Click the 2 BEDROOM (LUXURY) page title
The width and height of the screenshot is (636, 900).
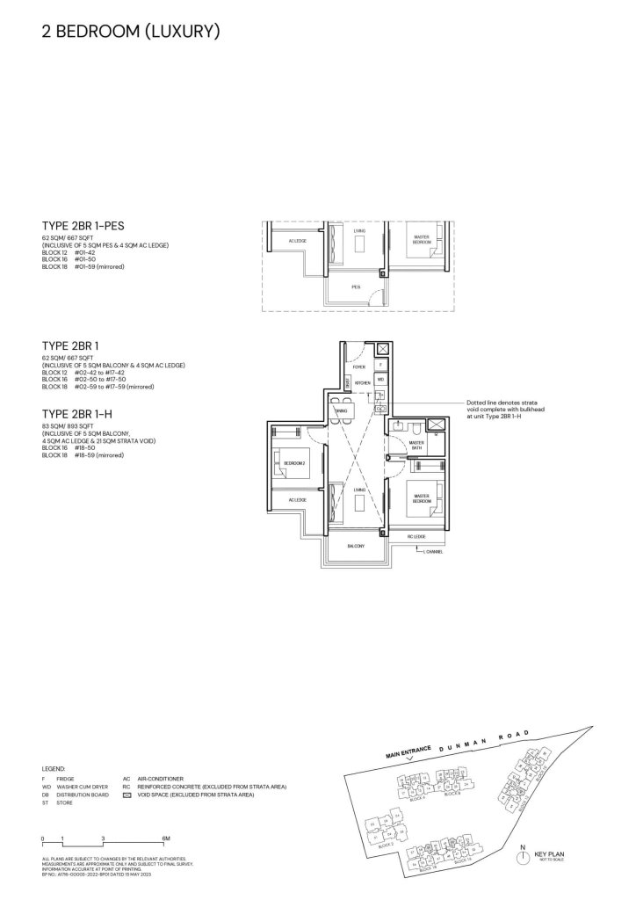130,32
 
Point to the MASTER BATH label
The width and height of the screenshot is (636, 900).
417,446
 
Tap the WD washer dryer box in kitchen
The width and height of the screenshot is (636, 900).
379,380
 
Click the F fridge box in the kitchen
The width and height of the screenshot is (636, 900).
379,364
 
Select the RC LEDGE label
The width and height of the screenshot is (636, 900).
416,536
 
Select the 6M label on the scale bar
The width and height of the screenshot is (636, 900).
166,837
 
